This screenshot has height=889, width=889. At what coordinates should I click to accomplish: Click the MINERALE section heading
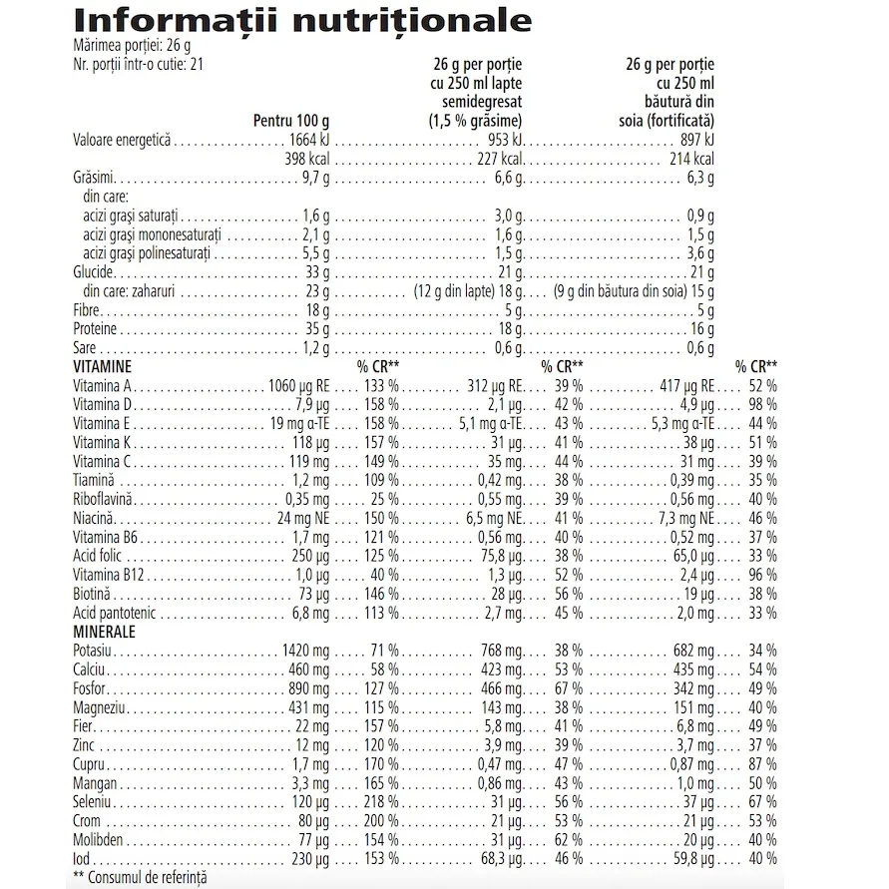(105, 632)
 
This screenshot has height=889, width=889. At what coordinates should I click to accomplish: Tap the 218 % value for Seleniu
(380, 801)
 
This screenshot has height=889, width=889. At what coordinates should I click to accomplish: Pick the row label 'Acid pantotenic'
(116, 613)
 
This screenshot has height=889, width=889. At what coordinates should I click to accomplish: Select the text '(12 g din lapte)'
(453, 291)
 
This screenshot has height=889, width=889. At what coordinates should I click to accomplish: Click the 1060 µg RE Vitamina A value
(298, 385)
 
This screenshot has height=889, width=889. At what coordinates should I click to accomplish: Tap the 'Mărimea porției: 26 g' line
(132, 47)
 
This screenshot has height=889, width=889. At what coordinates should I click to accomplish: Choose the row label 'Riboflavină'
(104, 498)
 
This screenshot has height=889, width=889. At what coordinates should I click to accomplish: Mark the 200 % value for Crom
(380, 820)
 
